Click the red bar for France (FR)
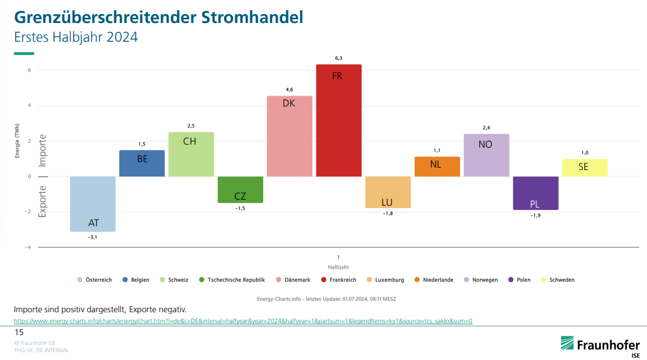338,120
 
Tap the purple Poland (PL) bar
535,193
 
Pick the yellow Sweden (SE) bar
584,168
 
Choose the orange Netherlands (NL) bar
437,166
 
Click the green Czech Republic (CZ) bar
240,189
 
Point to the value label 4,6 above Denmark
289,90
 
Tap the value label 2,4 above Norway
486,128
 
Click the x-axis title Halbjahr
338,267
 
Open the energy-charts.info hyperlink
243,321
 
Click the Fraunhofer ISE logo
599,345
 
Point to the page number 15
19,333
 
